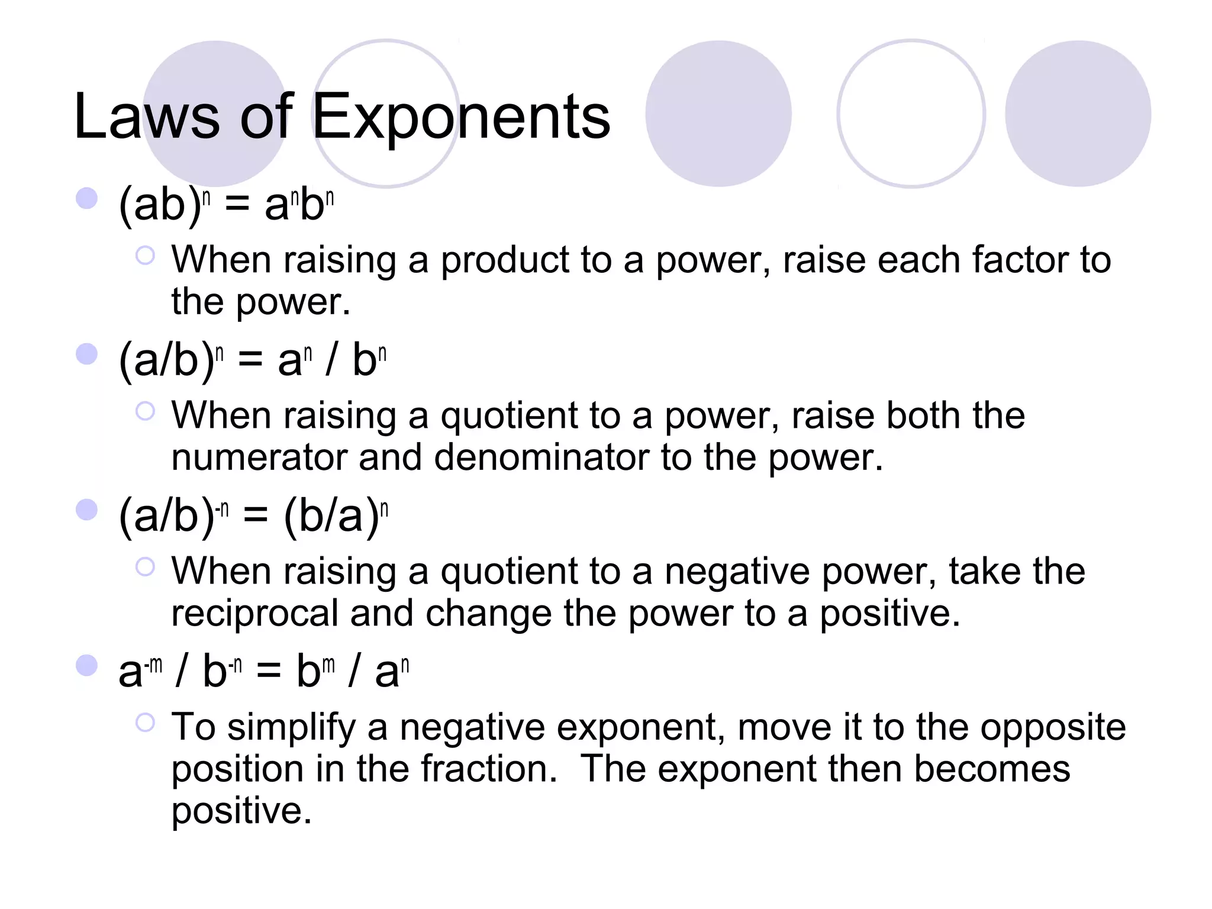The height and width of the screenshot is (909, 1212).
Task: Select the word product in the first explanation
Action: (505, 261)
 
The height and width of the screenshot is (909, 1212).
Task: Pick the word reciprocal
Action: (254, 613)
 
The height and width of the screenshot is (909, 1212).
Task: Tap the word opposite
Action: (1053, 727)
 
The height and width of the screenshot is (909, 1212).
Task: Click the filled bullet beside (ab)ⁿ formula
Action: (87, 199)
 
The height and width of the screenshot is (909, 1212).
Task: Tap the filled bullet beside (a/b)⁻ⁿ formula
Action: (87, 510)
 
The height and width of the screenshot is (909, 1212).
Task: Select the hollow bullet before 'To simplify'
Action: (145, 722)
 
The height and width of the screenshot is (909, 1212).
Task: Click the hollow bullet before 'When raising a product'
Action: (145, 256)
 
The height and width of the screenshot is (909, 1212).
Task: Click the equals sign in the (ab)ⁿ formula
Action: (237, 205)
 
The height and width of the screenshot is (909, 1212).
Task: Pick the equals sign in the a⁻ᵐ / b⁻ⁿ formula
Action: (269, 672)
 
